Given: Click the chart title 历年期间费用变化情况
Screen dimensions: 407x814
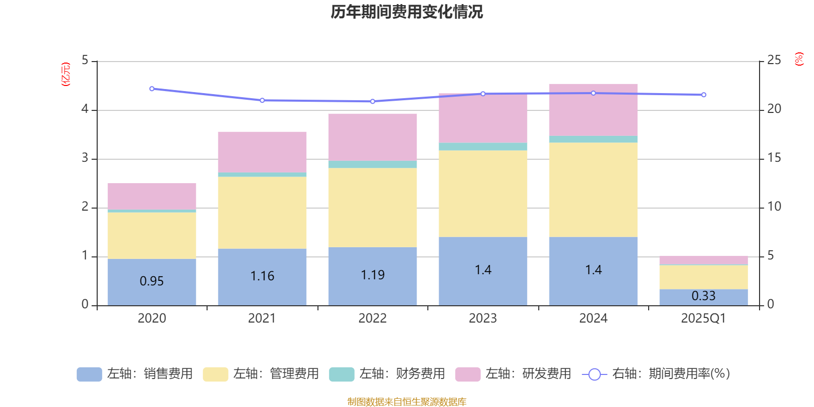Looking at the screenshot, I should coord(406,12).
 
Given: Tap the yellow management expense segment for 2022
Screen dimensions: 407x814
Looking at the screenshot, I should coord(372,207).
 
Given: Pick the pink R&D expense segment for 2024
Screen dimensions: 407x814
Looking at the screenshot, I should coord(593,110).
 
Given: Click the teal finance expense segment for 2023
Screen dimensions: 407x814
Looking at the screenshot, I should coord(483,147).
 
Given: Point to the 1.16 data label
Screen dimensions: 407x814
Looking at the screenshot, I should coord(262,276).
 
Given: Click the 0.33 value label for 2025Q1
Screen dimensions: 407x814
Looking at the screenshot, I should coord(704,296).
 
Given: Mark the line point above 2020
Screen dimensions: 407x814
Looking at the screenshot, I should coord(152,89).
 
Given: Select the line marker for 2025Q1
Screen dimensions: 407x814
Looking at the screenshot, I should coord(704,95).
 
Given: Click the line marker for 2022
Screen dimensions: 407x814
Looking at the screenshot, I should coord(372,101).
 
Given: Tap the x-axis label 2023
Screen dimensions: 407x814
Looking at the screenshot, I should coord(483,318).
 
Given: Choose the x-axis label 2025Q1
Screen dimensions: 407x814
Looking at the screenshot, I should coord(704,318).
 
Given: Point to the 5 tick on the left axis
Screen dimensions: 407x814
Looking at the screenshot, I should coord(85,61).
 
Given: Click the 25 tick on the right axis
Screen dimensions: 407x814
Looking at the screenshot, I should coord(774,61).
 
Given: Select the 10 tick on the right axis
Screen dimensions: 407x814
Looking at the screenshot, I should coord(774,207).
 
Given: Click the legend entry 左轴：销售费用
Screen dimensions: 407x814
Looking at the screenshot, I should coord(135,374).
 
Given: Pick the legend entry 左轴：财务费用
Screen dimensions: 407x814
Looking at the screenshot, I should coord(387,374).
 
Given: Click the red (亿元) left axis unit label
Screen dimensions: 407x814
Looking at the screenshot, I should coord(66,74).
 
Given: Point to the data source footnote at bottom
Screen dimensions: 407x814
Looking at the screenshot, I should coord(406,402).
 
